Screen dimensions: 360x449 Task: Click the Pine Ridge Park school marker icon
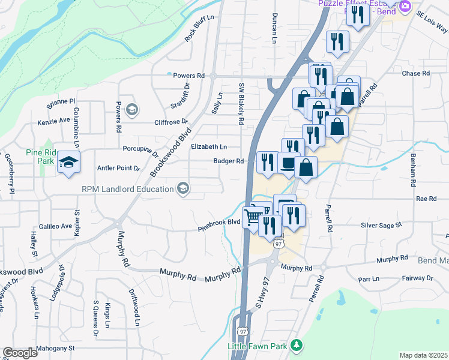coord(69,163)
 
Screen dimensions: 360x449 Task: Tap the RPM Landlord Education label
coord(128,190)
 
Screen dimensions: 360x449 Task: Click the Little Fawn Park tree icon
coord(295,346)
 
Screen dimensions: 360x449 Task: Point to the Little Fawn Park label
coord(258,346)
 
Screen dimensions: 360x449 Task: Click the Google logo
coord(20,353)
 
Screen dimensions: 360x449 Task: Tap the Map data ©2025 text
coord(423,355)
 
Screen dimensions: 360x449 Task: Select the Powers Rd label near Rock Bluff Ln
coord(188,76)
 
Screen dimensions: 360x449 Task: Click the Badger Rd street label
coord(229,161)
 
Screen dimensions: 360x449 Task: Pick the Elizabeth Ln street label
coord(209,146)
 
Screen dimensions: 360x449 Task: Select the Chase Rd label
coord(416,73)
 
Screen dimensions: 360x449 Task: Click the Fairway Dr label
coord(417,278)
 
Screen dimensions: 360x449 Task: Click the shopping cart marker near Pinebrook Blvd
coord(253,217)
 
